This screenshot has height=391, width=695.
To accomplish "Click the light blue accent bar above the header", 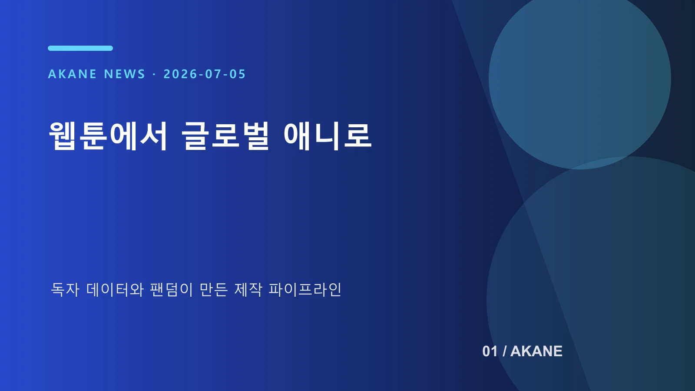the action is pyautogui.click(x=80, y=48).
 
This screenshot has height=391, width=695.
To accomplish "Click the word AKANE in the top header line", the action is pyautogui.click(x=72, y=74).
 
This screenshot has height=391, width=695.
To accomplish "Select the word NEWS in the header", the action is pyautogui.click(x=125, y=74).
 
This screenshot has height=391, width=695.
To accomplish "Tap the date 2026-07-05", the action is pyautogui.click(x=205, y=74).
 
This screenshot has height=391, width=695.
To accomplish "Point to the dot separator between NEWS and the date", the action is pyautogui.click(x=154, y=74).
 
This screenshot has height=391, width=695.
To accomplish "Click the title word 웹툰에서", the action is pyautogui.click(x=108, y=136).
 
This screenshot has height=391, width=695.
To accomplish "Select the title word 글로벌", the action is pyautogui.click(x=225, y=136).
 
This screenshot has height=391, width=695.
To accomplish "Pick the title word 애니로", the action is pyautogui.click(x=328, y=136).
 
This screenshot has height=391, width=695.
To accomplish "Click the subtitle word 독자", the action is pyautogui.click(x=65, y=289).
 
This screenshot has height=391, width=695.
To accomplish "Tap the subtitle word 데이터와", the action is pyautogui.click(x=115, y=289).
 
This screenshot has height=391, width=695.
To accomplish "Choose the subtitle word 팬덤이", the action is pyautogui.click(x=172, y=289).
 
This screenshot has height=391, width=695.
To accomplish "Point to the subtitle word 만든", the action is pyautogui.click(x=214, y=289).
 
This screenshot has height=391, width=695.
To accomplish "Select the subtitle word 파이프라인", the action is pyautogui.click(x=305, y=289).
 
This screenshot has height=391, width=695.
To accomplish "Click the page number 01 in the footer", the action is pyautogui.click(x=490, y=351).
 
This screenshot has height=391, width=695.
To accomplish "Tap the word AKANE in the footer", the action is pyautogui.click(x=536, y=351).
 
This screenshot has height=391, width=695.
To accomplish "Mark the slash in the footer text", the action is pyautogui.click(x=504, y=351).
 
